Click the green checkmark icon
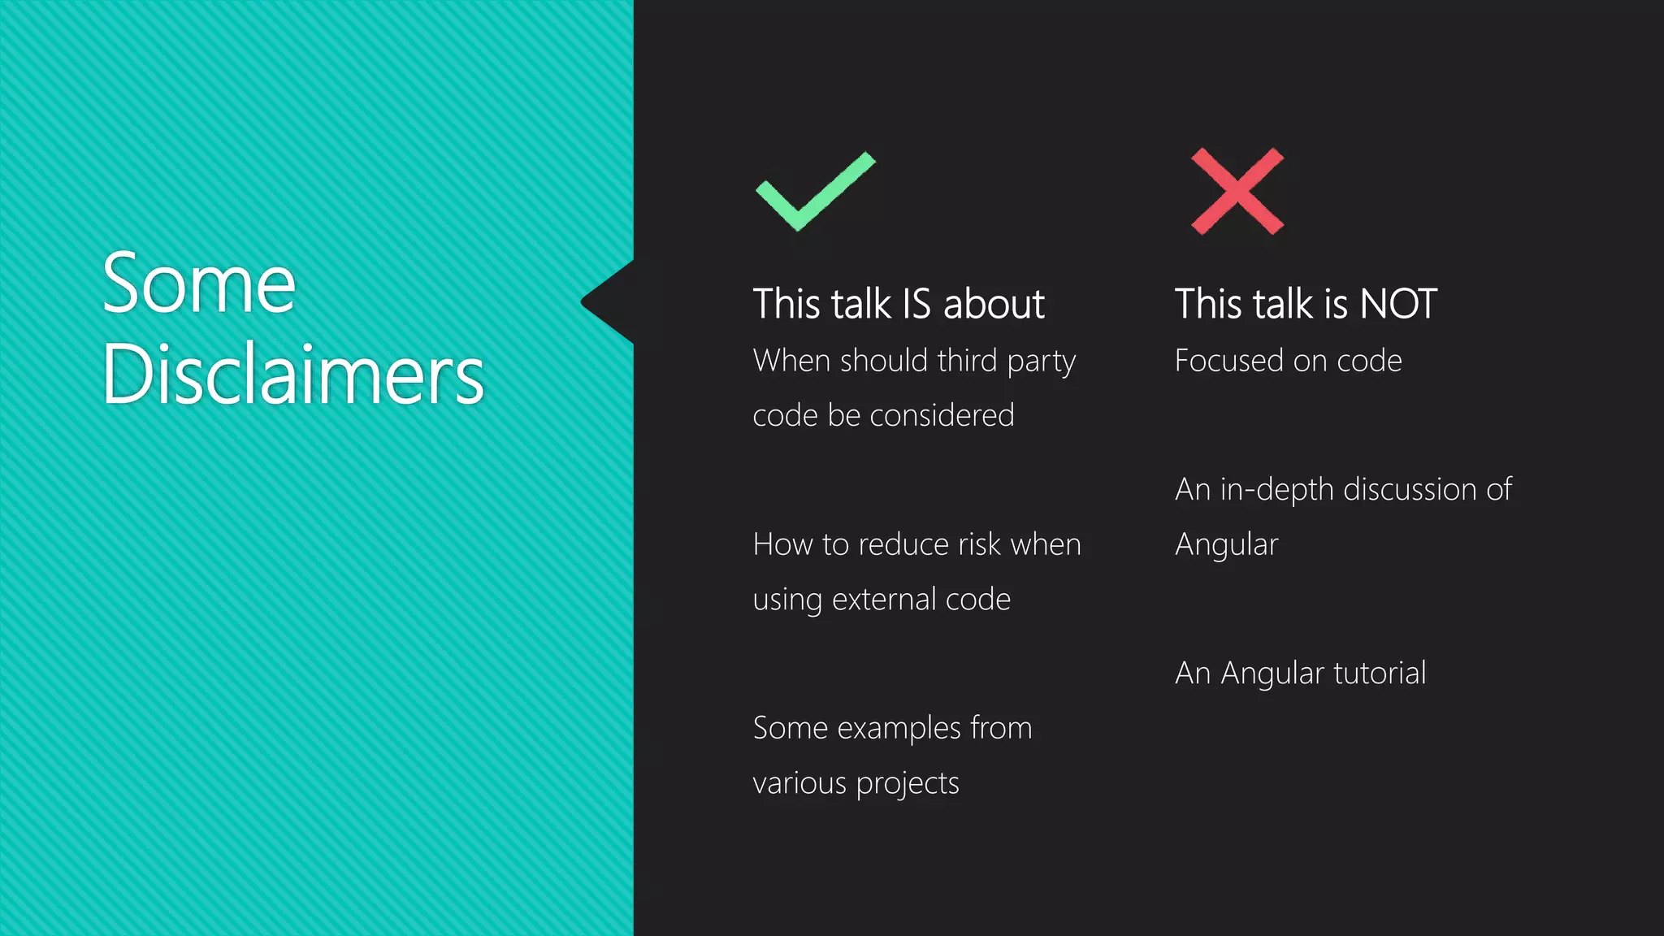point(815,193)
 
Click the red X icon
point(1237,192)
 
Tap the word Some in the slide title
point(199,284)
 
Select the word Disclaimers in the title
point(292,375)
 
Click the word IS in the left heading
point(916,305)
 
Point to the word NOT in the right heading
point(1398,305)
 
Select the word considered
point(942,415)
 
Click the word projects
point(908,784)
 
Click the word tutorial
point(1380,673)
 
